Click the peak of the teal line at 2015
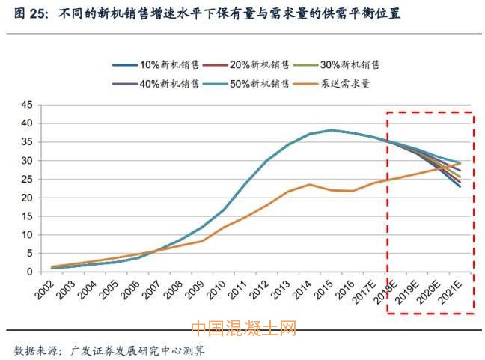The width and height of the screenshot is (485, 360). coord(332,130)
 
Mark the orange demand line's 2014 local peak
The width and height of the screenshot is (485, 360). coord(310,184)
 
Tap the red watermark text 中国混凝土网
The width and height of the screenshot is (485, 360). coord(242,329)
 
